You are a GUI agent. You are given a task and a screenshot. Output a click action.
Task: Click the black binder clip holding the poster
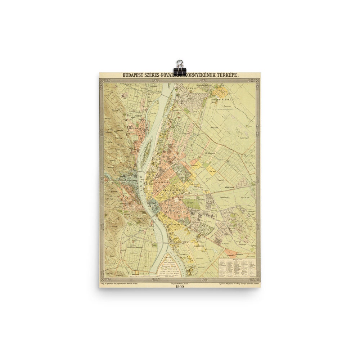[x=179, y=66]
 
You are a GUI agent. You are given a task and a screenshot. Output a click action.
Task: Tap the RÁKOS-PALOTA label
[x=221, y=98]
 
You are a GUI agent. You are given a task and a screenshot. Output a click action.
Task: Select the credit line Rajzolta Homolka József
[x=180, y=283]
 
